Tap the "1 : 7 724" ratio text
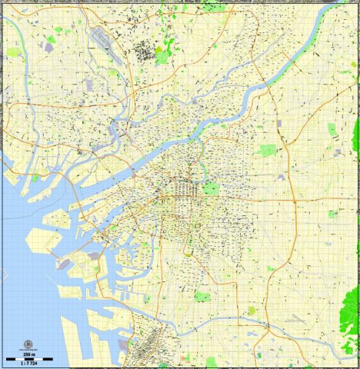20,364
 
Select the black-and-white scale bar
20,359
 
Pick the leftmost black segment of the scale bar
8,359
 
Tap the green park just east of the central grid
211,188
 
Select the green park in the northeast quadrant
267,151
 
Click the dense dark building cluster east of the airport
144,52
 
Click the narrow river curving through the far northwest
31,85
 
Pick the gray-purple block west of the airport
49,47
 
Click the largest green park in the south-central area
202,296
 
